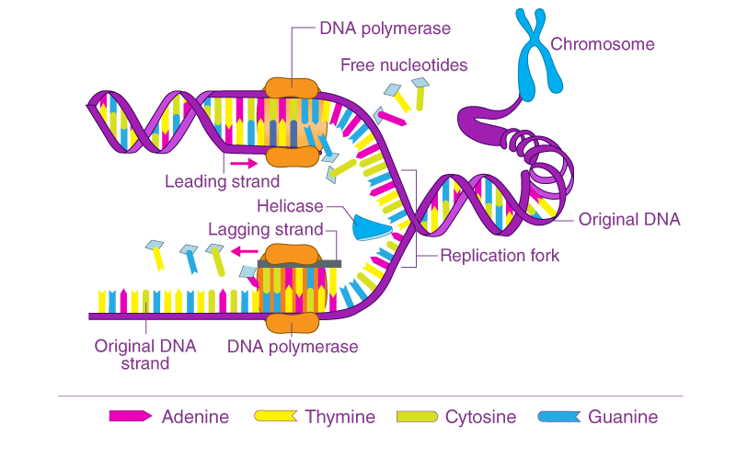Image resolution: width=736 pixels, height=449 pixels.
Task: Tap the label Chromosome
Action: (x=603, y=44)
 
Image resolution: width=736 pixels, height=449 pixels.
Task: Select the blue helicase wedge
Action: (x=373, y=226)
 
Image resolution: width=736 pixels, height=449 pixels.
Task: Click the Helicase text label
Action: (x=291, y=206)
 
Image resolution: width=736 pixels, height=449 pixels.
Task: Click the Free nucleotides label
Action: (x=404, y=65)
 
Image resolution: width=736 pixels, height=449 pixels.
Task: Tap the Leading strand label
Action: (x=222, y=180)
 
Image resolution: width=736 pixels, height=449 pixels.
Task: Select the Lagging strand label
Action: (x=265, y=229)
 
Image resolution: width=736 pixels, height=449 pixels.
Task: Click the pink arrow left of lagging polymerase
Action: (x=243, y=250)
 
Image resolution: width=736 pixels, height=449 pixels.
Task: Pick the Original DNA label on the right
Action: (x=629, y=219)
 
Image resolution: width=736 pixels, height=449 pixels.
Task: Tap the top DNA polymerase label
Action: (x=385, y=29)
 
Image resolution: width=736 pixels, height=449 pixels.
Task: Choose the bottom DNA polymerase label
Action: (x=293, y=347)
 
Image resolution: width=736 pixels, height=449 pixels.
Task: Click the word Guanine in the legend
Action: (x=623, y=417)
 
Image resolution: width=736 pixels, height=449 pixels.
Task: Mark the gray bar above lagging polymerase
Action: (x=299, y=264)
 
